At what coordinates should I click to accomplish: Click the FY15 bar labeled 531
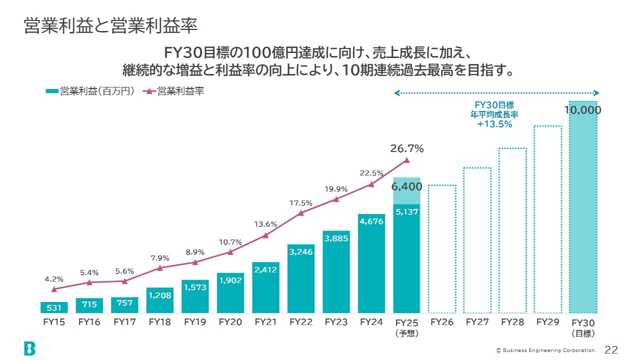click(x=54, y=307)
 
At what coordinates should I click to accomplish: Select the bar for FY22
click(x=300, y=278)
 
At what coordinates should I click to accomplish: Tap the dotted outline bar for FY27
click(x=477, y=240)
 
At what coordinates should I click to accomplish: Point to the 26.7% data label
click(x=406, y=148)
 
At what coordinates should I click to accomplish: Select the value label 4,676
click(x=371, y=221)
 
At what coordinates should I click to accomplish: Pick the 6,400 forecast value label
click(x=406, y=186)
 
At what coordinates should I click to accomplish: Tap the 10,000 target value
click(x=582, y=110)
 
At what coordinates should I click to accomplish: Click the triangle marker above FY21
click(x=265, y=235)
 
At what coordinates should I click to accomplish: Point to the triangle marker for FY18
click(x=159, y=268)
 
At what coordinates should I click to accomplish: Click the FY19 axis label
click(x=195, y=322)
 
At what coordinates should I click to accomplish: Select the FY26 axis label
click(x=442, y=322)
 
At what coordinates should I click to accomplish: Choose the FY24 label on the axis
click(x=371, y=322)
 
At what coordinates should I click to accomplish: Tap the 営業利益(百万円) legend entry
click(x=90, y=91)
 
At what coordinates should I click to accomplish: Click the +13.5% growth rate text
click(x=494, y=124)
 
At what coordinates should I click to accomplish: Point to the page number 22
click(x=611, y=349)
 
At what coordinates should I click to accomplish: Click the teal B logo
click(x=29, y=348)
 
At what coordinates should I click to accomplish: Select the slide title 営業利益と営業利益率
click(x=111, y=26)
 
